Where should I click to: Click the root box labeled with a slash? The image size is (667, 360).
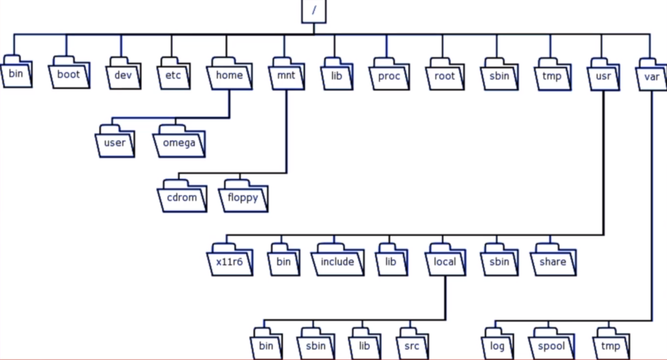click(314, 11)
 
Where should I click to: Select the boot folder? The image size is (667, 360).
click(69, 75)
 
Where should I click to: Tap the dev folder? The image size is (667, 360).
click(123, 76)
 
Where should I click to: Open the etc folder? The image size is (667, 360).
click(173, 76)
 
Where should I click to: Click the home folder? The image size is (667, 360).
click(229, 76)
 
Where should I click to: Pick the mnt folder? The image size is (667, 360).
click(286, 76)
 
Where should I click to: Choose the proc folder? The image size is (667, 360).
click(389, 77)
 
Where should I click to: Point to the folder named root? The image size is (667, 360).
click(445, 77)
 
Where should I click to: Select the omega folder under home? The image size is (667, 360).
click(179, 143)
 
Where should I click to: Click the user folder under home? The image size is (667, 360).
click(115, 143)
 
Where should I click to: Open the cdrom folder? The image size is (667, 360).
click(182, 198)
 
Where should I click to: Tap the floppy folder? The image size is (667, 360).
click(243, 198)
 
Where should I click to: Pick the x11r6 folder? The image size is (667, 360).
click(230, 262)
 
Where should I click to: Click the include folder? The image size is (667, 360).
click(337, 262)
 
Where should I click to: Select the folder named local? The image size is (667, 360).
click(445, 262)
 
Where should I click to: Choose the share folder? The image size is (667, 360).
click(553, 262)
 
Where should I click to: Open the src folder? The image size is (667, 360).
click(412, 346)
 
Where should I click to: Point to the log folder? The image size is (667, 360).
click(497, 346)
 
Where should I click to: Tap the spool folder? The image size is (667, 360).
click(552, 346)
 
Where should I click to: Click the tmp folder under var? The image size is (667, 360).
click(611, 346)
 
